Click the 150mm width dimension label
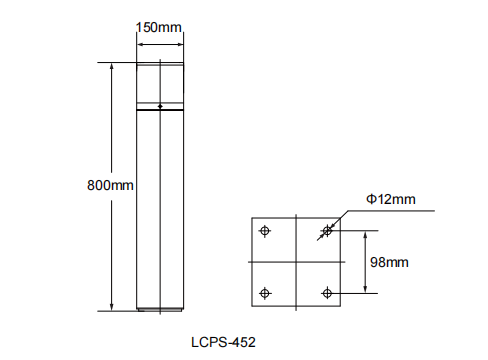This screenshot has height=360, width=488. click(x=159, y=27)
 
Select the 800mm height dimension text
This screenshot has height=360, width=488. click(x=110, y=185)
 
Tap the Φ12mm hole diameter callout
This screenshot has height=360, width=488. click(x=391, y=199)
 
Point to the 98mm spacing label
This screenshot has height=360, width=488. click(x=389, y=262)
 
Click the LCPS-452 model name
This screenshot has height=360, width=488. click(x=223, y=342)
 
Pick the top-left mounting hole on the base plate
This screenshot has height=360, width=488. click(x=265, y=230)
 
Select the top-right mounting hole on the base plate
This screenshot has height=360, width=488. click(x=327, y=230)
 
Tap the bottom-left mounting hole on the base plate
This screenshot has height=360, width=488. click(x=265, y=293)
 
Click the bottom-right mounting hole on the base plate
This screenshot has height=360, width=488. click(x=327, y=293)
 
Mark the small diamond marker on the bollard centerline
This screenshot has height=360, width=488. click(x=160, y=106)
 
